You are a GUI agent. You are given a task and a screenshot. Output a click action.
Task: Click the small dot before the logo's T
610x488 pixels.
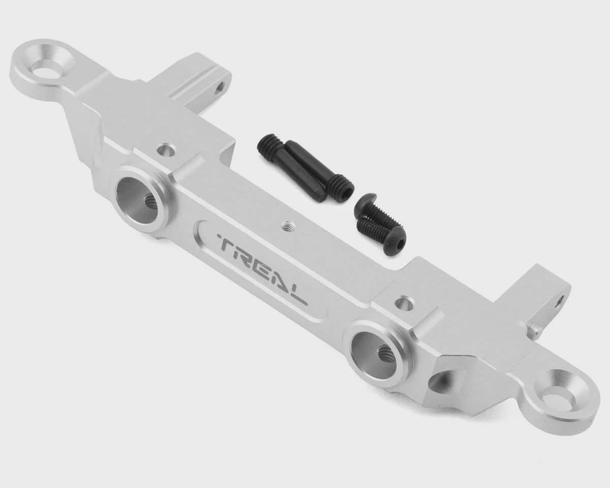point(218,235)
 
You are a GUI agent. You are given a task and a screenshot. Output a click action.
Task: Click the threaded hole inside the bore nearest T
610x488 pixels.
point(150,203)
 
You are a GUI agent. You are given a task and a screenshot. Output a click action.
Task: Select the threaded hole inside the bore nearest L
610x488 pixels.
point(385,355)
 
